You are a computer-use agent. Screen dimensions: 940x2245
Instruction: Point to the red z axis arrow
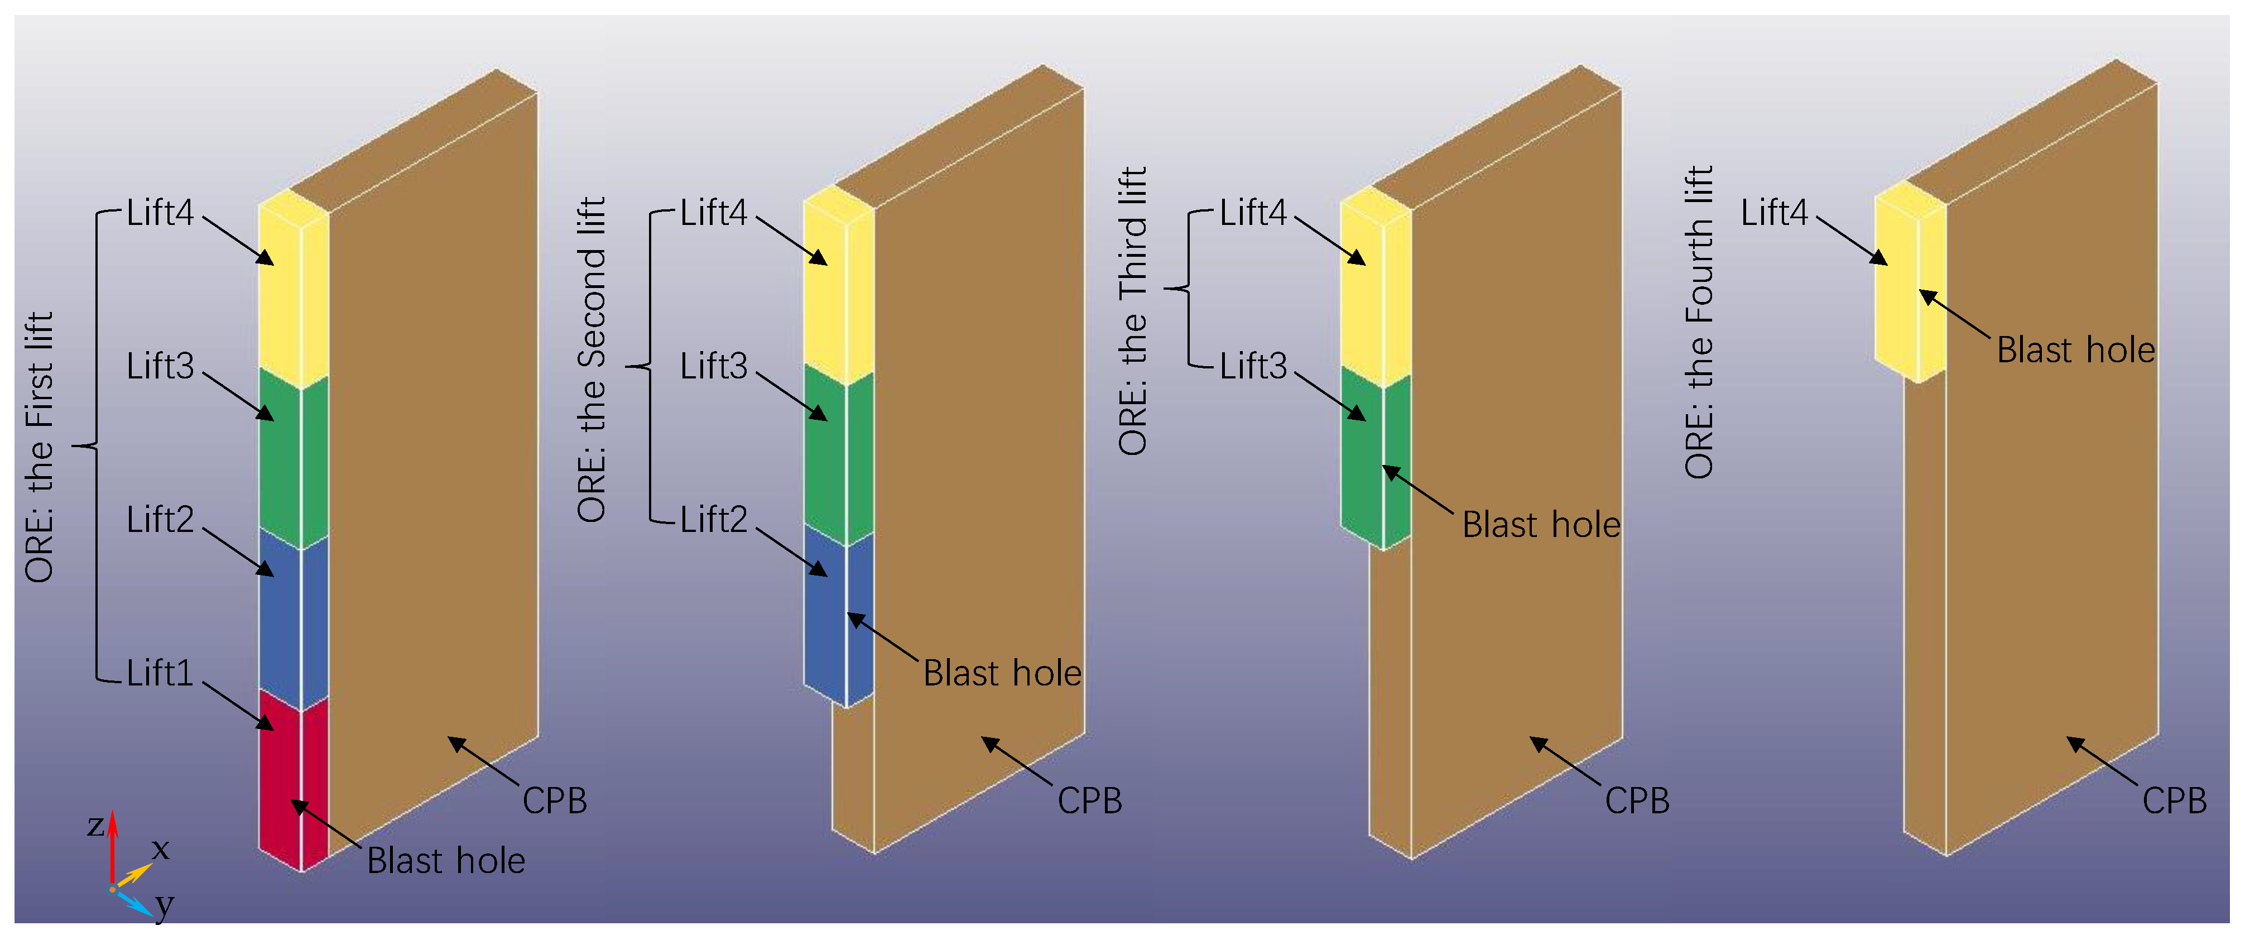(112, 846)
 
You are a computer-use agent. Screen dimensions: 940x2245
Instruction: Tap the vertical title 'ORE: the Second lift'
(592, 359)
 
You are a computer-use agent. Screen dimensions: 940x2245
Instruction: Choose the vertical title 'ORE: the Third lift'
(1133, 310)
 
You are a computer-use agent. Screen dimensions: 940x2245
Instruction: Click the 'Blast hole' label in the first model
(445, 861)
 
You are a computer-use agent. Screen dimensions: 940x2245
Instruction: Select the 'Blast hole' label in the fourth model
(2075, 349)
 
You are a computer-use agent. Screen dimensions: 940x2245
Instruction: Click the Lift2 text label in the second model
(713, 520)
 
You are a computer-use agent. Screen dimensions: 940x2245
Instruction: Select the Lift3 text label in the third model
(1252, 366)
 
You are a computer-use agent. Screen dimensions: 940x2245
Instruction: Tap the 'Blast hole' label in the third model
(1541, 525)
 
